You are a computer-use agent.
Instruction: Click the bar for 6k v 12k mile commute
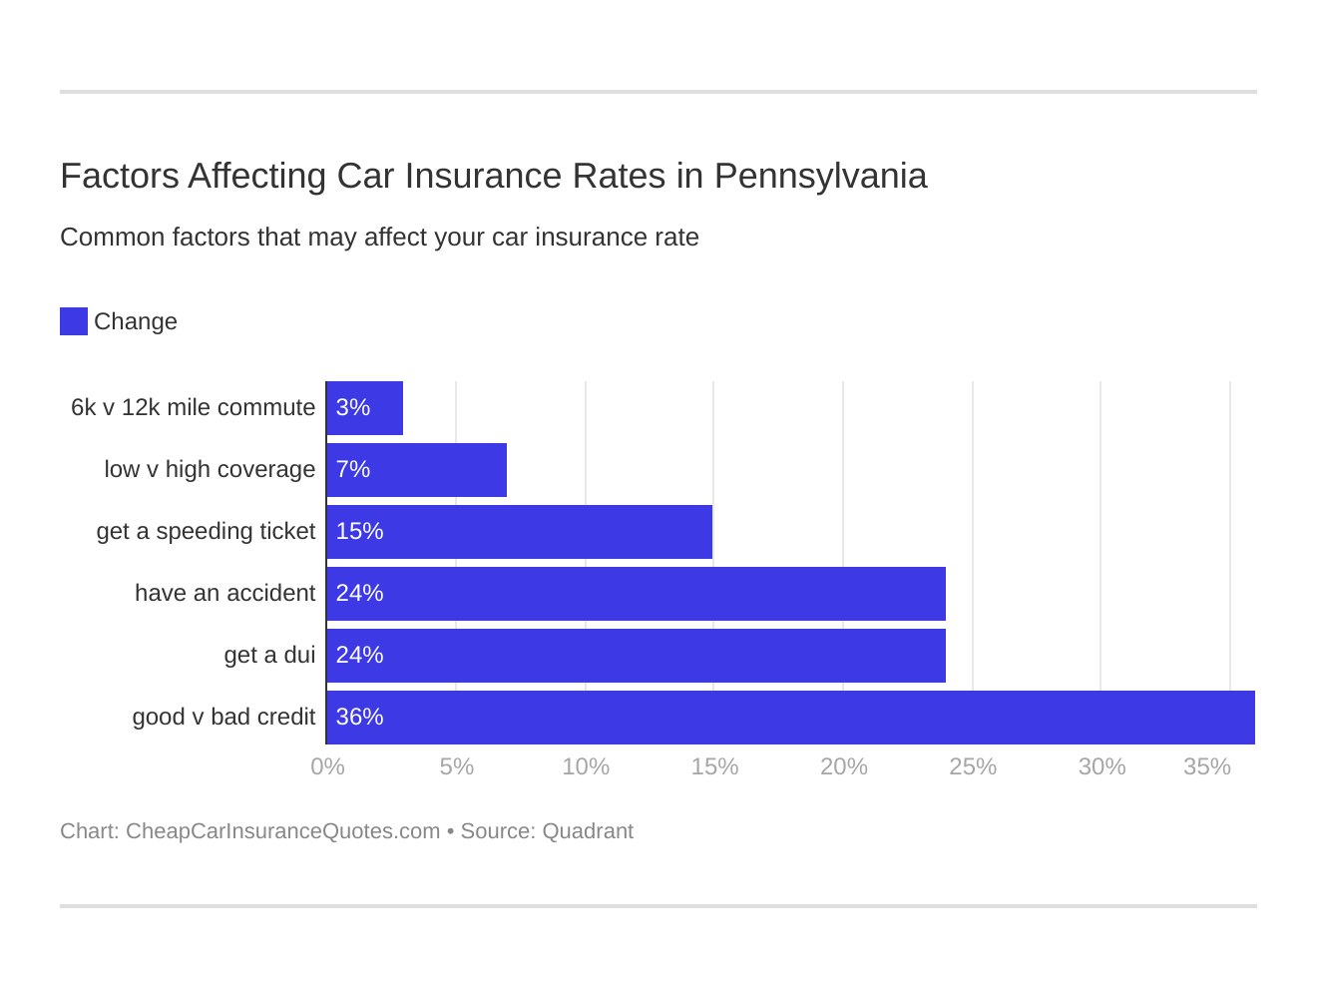tap(365, 408)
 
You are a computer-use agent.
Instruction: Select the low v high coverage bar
tap(417, 470)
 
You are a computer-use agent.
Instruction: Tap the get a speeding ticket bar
tap(520, 532)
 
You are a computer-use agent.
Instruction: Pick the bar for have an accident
tap(637, 594)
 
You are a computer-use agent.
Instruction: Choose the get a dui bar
tap(637, 656)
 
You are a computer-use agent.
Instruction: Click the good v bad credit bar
tap(791, 718)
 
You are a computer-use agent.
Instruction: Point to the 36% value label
tap(359, 718)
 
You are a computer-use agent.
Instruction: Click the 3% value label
tap(353, 408)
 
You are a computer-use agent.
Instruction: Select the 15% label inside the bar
tap(359, 532)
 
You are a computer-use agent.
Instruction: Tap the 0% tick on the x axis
tap(327, 766)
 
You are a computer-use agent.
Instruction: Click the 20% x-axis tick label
tap(843, 766)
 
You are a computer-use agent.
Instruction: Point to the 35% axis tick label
tap(1206, 766)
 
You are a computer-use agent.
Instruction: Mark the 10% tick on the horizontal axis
tap(586, 766)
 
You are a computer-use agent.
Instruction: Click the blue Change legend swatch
tap(74, 321)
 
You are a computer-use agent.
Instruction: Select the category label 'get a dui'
tap(269, 656)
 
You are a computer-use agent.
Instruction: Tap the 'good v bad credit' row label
tap(223, 718)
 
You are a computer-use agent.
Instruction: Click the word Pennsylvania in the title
tap(820, 177)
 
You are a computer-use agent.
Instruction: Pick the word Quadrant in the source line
tap(588, 831)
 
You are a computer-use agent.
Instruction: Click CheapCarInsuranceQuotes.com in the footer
tap(282, 831)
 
